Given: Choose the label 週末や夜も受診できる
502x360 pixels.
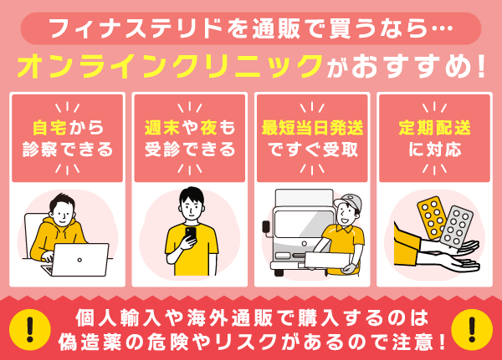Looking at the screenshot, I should click(190, 139).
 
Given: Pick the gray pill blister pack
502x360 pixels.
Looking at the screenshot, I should click(458, 225).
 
